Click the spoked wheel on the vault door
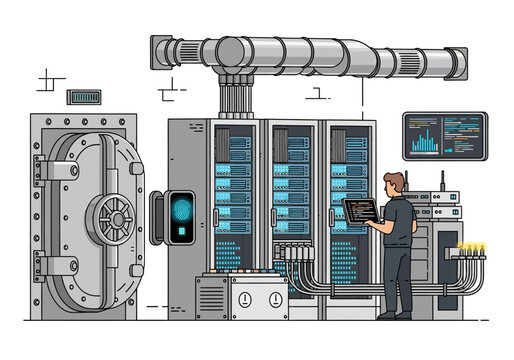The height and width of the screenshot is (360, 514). [114, 216]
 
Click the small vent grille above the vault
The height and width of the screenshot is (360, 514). [84, 98]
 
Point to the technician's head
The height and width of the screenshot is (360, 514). [395, 184]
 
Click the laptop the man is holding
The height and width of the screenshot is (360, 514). [359, 209]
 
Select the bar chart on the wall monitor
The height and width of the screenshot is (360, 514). [425, 139]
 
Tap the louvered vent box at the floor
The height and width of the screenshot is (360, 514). [211, 298]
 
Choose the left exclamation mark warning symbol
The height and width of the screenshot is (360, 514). [244, 298]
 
